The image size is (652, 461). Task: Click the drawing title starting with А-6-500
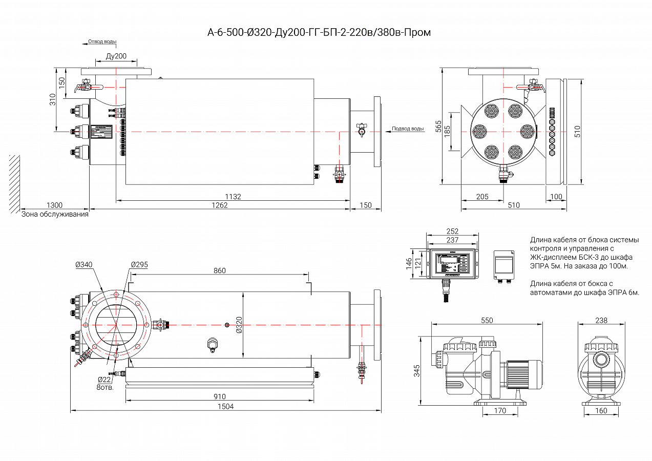pos(319,33)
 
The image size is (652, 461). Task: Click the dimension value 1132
pos(233,197)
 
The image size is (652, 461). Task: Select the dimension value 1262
pos(220,205)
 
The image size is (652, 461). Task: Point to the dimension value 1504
pos(225,406)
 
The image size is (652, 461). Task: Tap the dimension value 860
pos(219,271)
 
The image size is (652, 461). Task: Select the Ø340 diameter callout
pos(83,264)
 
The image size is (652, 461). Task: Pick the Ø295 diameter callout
pos(139,264)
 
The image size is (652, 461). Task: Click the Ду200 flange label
pos(116,56)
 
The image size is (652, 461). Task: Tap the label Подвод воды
pos(408,129)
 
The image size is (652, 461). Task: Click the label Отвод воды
pos(102,41)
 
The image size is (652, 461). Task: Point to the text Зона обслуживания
pos(55,215)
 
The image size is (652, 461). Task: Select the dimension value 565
pos(438,127)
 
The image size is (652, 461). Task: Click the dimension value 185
pos(447,132)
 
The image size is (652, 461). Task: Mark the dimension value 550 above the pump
pos(487,321)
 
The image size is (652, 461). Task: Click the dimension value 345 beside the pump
pos(416,370)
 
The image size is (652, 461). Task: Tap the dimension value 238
pos(601,321)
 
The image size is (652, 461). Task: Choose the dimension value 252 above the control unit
pos(452,232)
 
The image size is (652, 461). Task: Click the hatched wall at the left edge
pos(14,183)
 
